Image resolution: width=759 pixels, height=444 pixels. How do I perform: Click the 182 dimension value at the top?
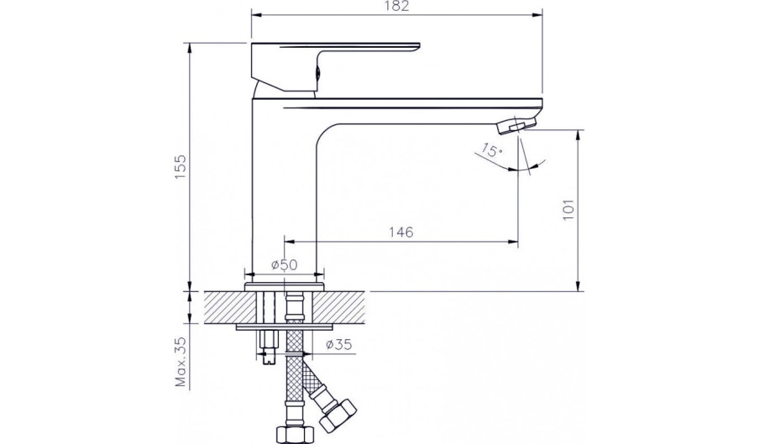click(x=397, y=6)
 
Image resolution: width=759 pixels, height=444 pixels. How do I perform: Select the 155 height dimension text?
click(x=180, y=168)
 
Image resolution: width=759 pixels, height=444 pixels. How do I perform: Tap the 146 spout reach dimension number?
click(x=402, y=232)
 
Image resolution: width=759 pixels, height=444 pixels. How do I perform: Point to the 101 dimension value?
click(x=568, y=210)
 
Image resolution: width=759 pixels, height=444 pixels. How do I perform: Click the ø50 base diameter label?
click(x=284, y=264)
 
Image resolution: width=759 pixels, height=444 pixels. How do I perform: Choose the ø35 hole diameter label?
click(x=339, y=345)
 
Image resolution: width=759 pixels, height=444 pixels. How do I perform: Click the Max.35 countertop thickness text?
click(x=181, y=362)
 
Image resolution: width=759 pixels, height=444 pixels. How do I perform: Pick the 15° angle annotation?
click(x=492, y=151)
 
